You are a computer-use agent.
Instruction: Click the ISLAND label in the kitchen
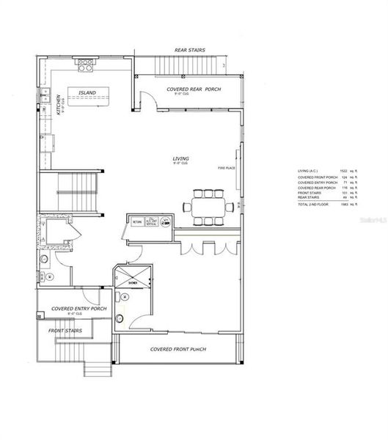(88, 93)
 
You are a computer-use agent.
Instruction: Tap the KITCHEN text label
(56, 108)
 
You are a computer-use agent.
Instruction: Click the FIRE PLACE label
(225, 168)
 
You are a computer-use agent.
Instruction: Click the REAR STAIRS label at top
(189, 51)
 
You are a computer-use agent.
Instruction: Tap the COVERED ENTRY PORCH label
(78, 309)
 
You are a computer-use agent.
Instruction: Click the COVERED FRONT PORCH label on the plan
(178, 349)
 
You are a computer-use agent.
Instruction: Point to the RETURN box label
(136, 223)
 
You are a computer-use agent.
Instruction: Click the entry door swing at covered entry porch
(92, 297)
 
